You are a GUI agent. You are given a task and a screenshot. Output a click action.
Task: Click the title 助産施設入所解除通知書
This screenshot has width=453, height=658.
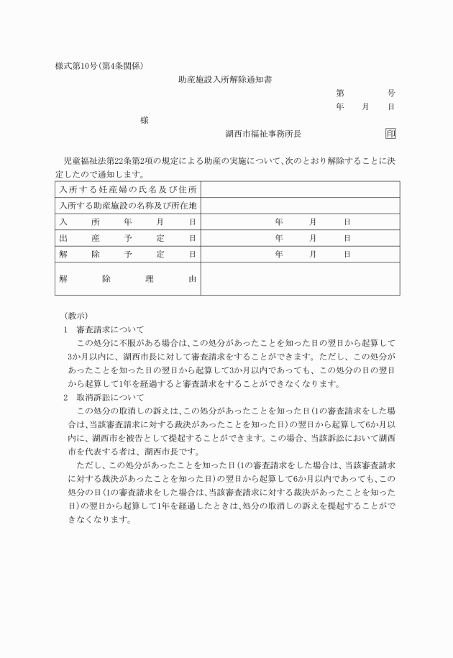tap(225, 80)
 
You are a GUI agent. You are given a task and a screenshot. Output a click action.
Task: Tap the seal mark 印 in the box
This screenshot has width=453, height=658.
tap(390, 134)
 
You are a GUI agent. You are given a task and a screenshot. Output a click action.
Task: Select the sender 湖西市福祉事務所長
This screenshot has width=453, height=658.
tap(267, 134)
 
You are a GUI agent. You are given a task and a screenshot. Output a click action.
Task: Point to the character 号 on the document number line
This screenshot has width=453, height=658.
tap(391, 93)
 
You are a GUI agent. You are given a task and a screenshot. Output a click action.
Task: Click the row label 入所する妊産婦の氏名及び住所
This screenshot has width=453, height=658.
tap(128, 190)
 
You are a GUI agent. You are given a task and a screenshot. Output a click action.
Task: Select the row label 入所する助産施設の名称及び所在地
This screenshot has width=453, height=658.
tap(128, 206)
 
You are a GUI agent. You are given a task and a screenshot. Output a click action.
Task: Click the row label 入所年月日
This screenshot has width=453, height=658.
tap(128, 222)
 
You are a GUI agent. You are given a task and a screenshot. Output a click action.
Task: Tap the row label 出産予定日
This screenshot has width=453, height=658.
tap(128, 238)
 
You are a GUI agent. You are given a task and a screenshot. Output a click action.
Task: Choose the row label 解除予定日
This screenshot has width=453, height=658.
tap(128, 254)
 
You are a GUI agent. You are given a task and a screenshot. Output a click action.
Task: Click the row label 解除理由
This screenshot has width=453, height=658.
tap(128, 278)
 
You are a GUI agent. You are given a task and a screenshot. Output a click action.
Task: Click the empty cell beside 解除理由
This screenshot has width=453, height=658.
tap(300, 278)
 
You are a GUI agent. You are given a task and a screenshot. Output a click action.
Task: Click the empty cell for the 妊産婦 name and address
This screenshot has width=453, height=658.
tap(300, 190)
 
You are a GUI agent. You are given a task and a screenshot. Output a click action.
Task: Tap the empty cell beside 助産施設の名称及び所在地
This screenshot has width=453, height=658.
tap(300, 206)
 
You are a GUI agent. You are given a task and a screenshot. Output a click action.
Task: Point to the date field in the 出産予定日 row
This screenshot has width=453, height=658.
tap(312, 238)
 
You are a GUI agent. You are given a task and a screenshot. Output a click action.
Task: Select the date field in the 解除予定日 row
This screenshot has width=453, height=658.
tap(312, 254)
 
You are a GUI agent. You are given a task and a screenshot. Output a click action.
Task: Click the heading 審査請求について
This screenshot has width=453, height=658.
tap(111, 329)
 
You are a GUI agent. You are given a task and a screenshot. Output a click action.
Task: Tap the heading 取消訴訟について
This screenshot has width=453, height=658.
tap(111, 397)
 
